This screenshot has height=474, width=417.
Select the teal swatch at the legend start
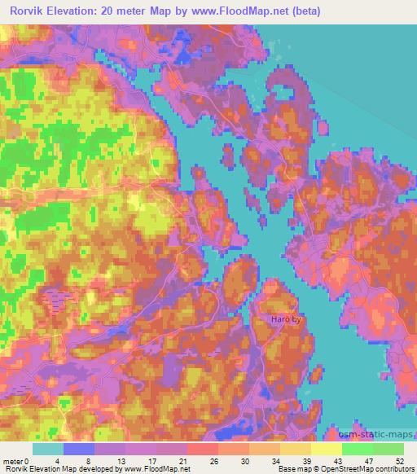click(x=48, y=449)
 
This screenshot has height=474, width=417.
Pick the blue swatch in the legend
click(x=79, y=449)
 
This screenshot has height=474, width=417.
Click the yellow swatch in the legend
click(x=326, y=449)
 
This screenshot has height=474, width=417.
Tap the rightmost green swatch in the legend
click(x=388, y=449)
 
